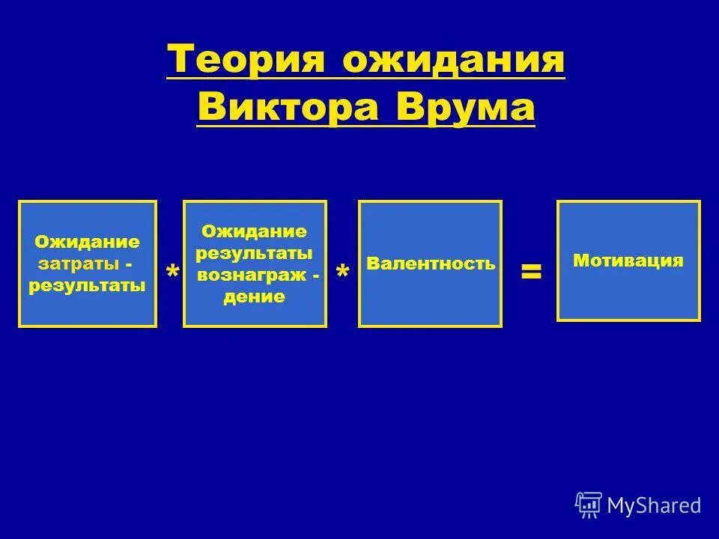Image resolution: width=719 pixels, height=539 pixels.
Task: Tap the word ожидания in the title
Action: tap(453, 60)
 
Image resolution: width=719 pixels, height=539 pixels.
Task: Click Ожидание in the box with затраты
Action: tap(87, 242)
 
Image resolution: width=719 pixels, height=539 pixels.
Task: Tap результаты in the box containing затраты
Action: tap(87, 287)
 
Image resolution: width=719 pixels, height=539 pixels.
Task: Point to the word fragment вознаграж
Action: tap(249, 275)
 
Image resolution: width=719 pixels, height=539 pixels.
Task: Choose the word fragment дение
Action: tap(255, 296)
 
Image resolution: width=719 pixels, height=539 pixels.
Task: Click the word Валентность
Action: tap(431, 264)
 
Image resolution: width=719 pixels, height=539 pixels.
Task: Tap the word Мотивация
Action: tap(628, 261)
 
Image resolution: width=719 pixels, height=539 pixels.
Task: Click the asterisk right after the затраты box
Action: tap(172, 272)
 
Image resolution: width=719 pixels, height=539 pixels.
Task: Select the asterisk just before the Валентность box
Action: tap(342, 272)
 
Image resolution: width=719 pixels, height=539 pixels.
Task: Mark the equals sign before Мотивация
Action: tap(531, 271)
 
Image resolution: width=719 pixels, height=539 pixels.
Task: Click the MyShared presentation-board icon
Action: tap(589, 505)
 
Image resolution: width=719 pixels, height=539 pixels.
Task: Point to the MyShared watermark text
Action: tap(654, 506)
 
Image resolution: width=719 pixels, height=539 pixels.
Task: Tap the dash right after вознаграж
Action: tap(316, 275)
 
